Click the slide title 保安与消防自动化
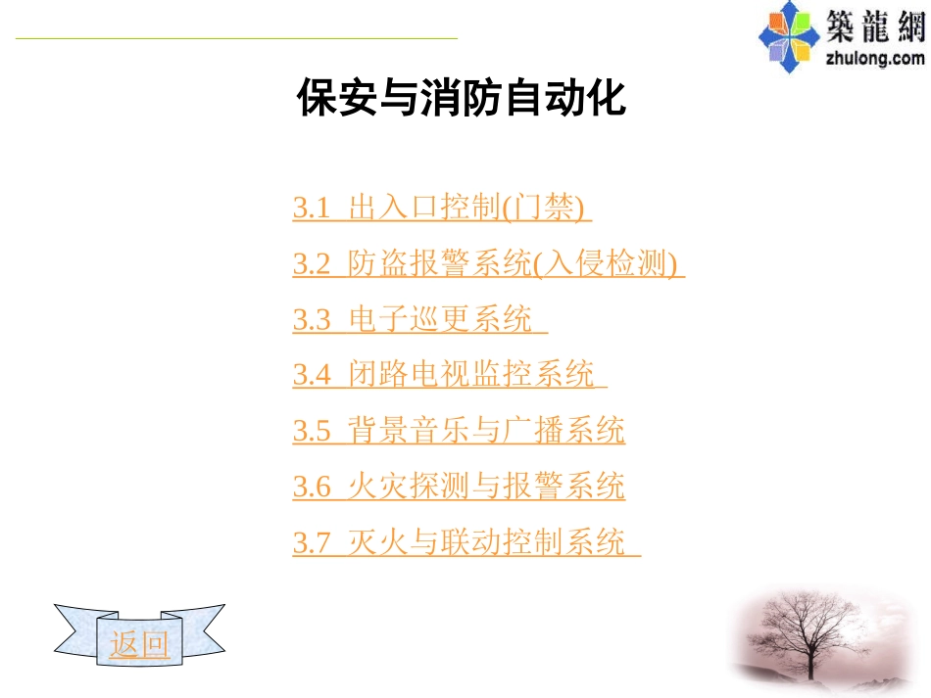(x=461, y=100)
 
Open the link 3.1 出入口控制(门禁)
(x=442, y=209)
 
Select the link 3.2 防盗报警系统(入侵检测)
(x=487, y=264)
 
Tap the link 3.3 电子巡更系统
(x=418, y=320)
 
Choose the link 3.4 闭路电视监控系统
(x=449, y=376)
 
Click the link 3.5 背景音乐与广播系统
(x=459, y=431)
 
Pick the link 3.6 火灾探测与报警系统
(x=459, y=487)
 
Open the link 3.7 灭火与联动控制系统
(x=465, y=542)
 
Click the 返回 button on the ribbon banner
(x=139, y=645)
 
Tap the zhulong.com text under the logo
(x=875, y=58)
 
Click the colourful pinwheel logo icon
(x=790, y=36)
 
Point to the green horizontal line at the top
(x=235, y=38)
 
